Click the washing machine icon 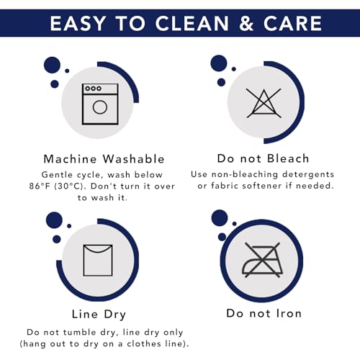100,104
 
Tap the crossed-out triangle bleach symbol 264,103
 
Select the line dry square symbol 98,261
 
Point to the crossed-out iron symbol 263,260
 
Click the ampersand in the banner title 246,23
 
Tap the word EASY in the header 78,23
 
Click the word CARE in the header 292,23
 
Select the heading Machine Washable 104,159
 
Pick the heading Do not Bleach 263,158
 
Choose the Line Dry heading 99,315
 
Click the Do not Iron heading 264,313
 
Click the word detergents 308,174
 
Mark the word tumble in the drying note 80,333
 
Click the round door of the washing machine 100,107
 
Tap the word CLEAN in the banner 192,23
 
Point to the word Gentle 57,175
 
